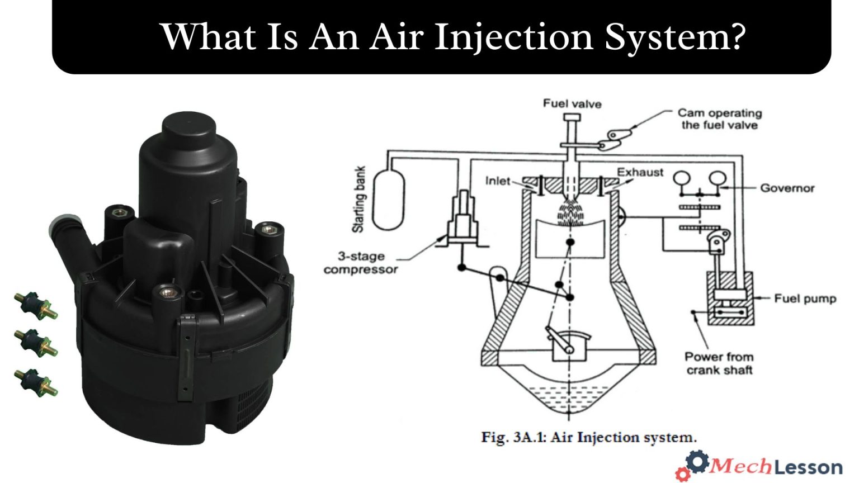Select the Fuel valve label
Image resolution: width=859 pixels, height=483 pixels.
[x=572, y=103]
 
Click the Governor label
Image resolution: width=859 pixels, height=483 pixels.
[x=787, y=188]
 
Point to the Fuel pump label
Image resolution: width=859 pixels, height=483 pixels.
[x=805, y=299]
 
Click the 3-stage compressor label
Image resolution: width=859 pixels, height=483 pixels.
[x=361, y=263]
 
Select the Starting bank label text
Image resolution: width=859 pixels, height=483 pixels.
[x=358, y=199]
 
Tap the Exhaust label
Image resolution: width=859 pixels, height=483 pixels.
[x=640, y=172]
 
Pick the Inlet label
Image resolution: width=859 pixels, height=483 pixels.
[x=497, y=181]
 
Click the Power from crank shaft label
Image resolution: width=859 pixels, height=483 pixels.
[x=719, y=363]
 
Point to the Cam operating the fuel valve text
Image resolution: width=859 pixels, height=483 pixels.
[x=719, y=119]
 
